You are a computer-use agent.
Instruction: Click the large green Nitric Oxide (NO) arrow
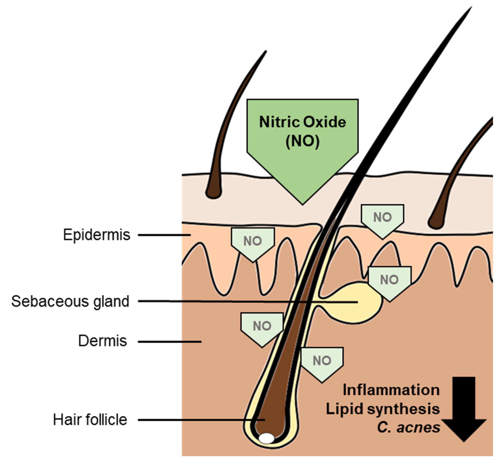302,141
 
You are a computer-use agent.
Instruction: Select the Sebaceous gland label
70,301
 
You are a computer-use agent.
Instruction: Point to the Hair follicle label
90,420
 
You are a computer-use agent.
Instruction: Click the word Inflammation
391,390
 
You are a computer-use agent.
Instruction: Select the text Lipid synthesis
383,409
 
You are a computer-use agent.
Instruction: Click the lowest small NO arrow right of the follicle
322,362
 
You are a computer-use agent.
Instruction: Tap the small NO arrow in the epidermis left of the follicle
253,242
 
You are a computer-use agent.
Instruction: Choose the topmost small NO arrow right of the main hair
382,218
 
